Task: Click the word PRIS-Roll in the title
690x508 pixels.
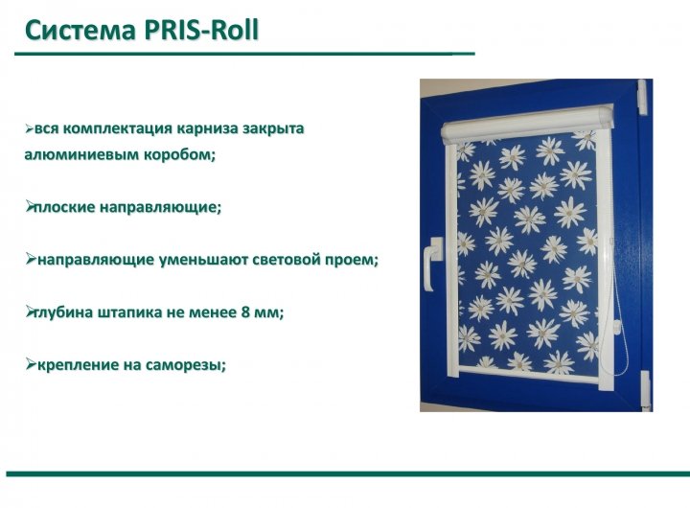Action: click(200, 30)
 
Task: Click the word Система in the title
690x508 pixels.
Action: click(80, 31)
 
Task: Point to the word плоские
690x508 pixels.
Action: click(64, 207)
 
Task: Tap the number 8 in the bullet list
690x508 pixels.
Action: click(246, 312)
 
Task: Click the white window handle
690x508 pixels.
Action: click(430, 264)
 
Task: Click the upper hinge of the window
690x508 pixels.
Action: click(642, 97)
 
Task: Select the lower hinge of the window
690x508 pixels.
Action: click(645, 389)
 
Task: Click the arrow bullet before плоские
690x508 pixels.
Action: click(30, 206)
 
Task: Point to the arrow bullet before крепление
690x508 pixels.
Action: click(31, 364)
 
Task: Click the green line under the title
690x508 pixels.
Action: click(244, 54)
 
